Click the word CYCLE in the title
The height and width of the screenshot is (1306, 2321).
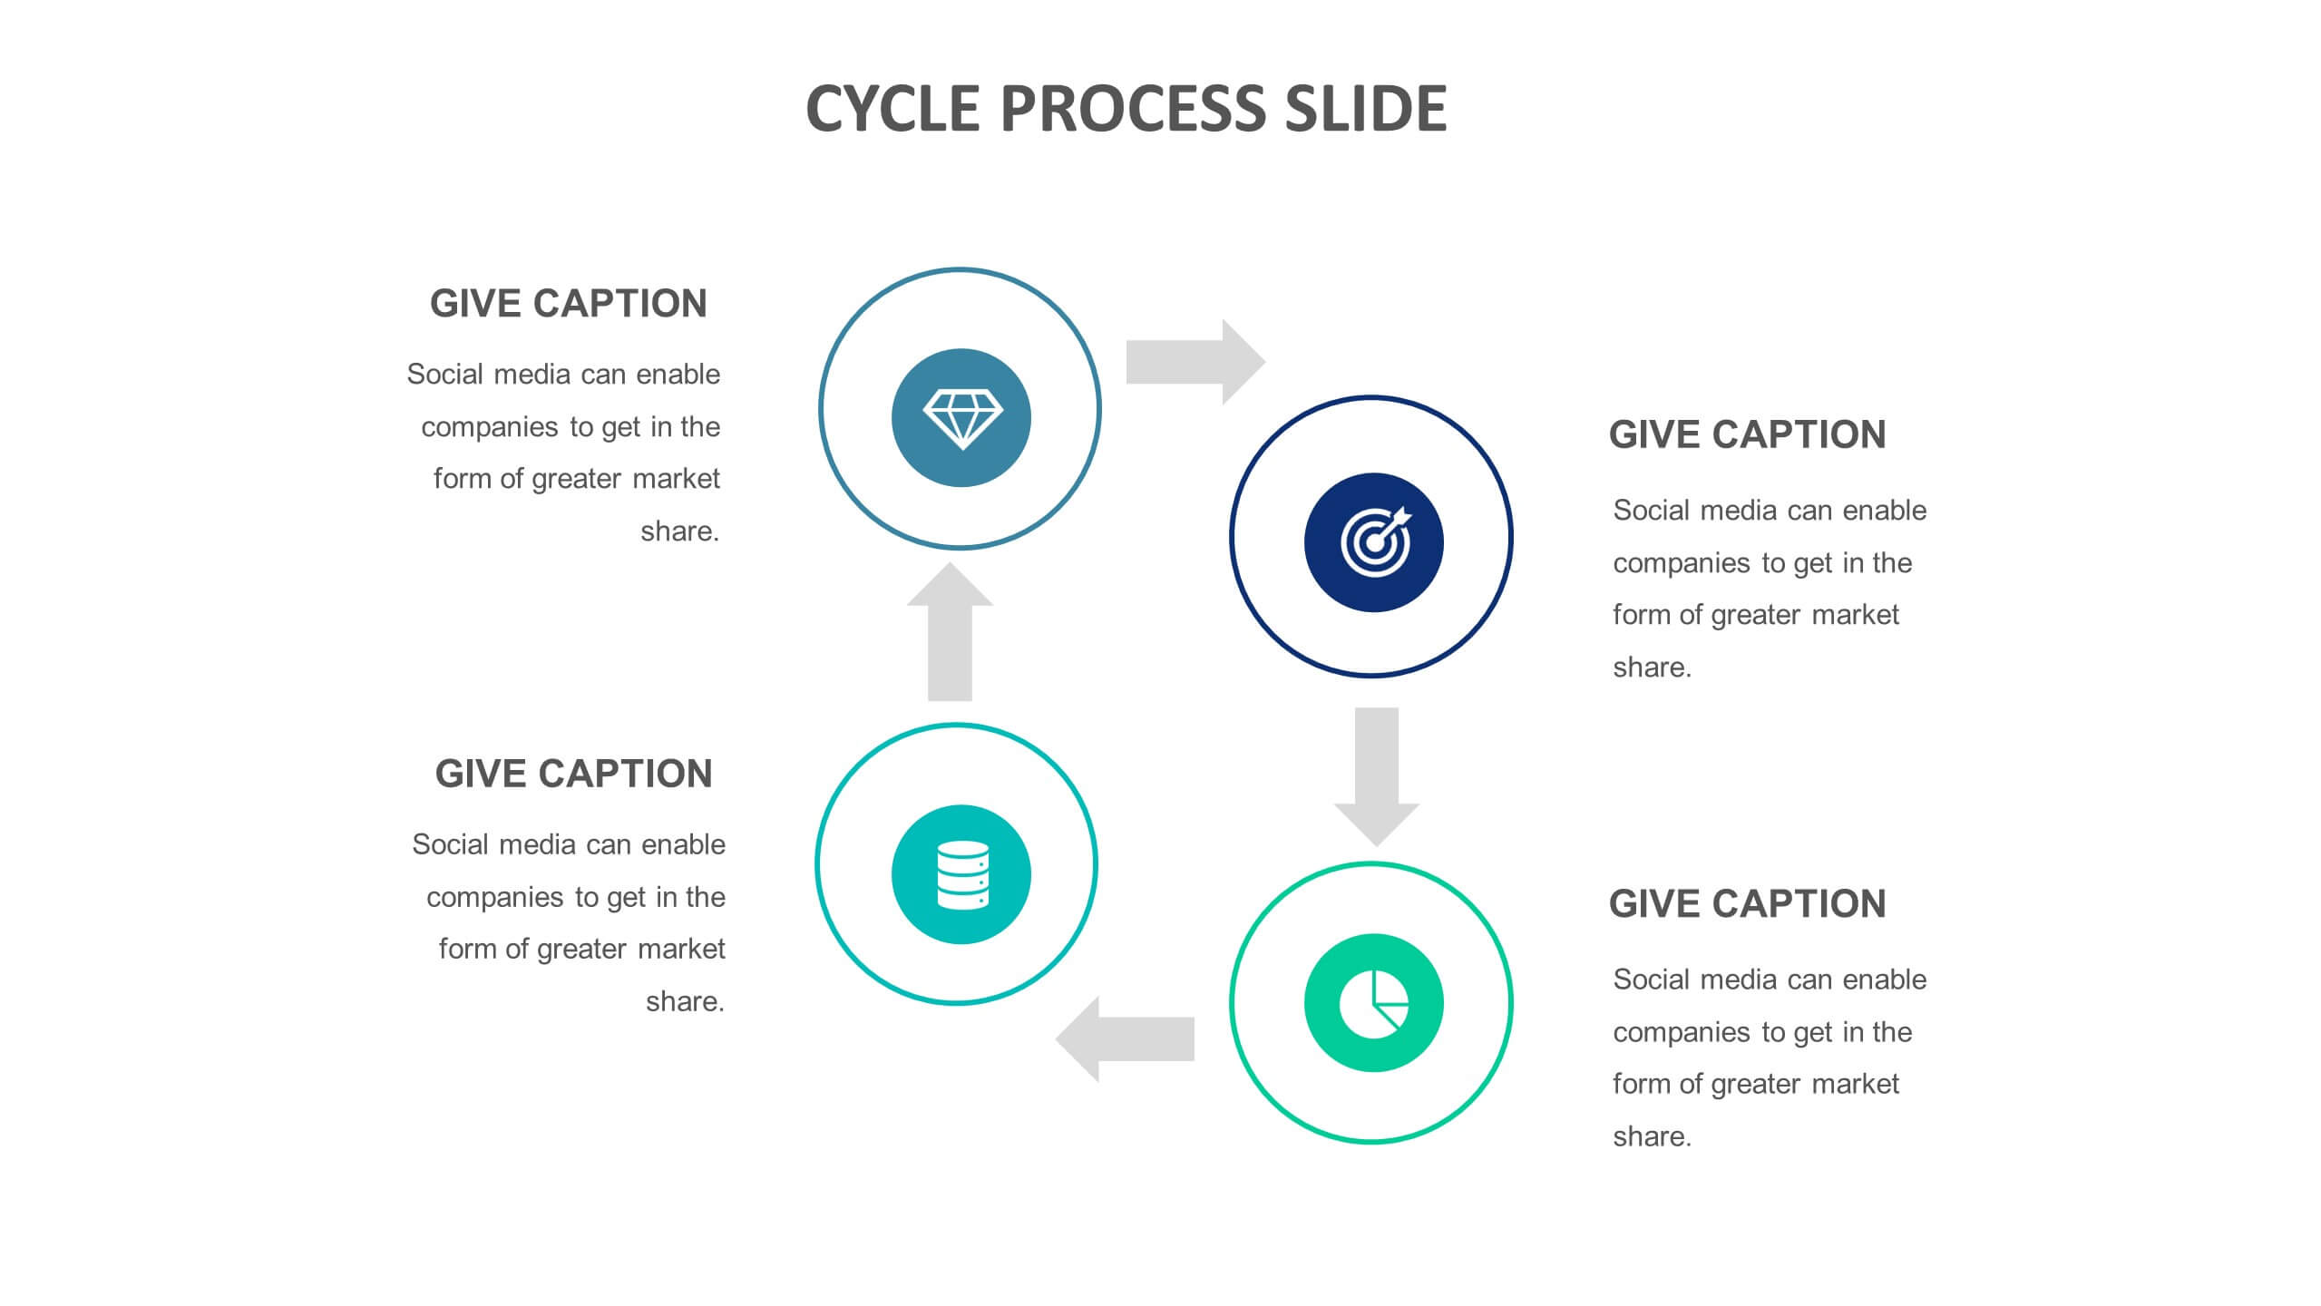click(892, 109)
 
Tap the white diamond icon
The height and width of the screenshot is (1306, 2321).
click(962, 419)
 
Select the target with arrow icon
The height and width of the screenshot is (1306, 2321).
click(1376, 541)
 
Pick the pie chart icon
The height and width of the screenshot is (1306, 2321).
click(1374, 1004)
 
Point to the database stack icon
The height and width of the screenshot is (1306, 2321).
click(962, 875)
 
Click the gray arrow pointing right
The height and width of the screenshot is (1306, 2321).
click(1195, 362)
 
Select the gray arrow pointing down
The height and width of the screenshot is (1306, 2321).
click(1376, 777)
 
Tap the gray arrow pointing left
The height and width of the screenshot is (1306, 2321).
click(1125, 1039)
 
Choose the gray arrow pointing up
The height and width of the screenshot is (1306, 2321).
click(950, 631)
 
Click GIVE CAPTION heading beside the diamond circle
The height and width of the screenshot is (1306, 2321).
click(569, 304)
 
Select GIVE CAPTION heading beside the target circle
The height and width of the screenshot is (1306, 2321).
click(1747, 434)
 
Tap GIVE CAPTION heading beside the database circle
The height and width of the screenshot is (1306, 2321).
click(573, 774)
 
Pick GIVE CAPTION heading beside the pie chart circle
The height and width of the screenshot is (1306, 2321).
click(1747, 904)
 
